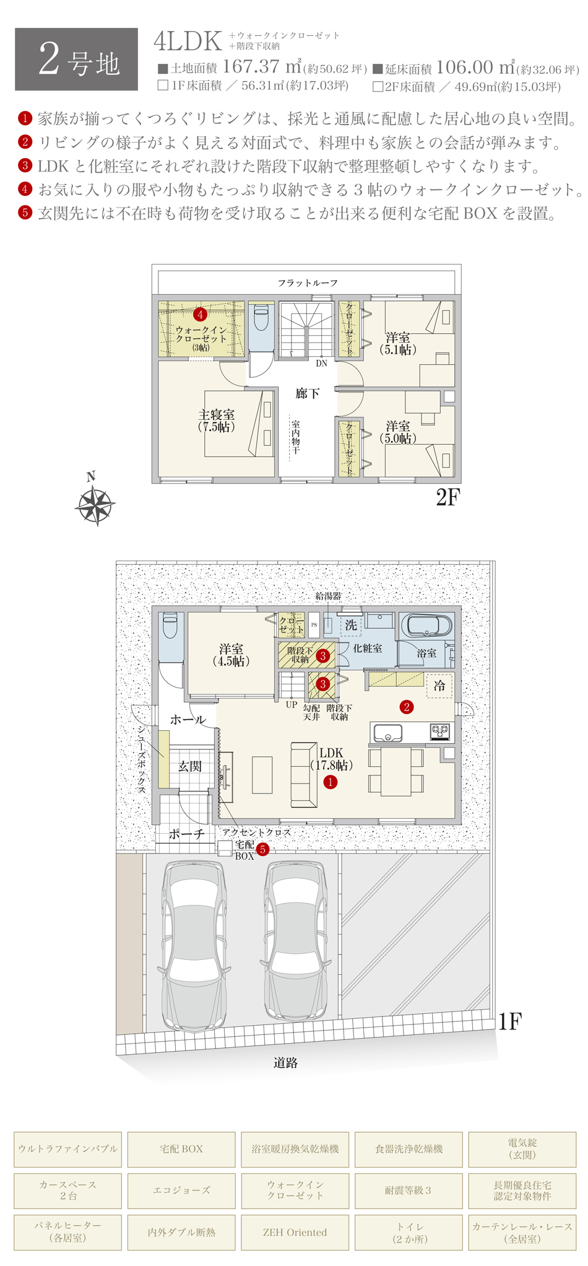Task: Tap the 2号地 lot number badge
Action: pos(76,59)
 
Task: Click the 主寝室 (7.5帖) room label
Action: pos(217,421)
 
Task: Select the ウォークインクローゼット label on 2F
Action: pos(201,339)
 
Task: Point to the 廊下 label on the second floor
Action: pos(307,393)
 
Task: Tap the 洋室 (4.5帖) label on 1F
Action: pos(231,655)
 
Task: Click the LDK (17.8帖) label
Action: pos(331,759)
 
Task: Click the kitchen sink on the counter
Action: pos(387,733)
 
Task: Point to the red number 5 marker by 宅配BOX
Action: pos(262,850)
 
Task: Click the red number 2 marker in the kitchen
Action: pos(407,707)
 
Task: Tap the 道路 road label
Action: pos(286,1063)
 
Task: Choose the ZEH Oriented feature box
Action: pos(295,1232)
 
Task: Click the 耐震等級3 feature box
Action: pos(409,1190)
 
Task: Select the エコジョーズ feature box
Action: pos(181,1190)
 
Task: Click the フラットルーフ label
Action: pos(308,283)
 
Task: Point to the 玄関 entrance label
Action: pos(190,766)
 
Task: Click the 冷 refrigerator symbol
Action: pos(439,686)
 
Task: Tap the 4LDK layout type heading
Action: pos(188,41)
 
